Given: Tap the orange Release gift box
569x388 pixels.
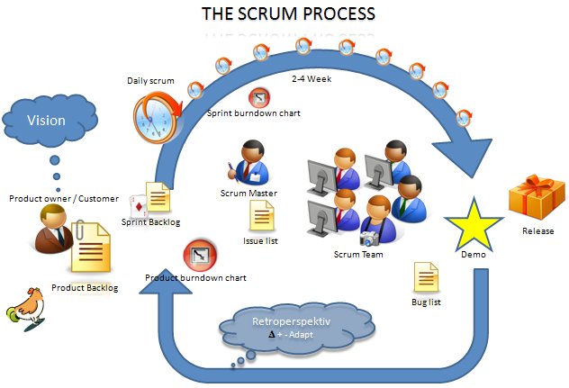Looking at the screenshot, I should pyautogui.click(x=537, y=194).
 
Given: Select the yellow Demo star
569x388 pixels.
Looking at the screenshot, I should pyautogui.click(x=472, y=221).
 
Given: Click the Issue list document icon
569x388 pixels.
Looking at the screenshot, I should pyautogui.click(x=262, y=216).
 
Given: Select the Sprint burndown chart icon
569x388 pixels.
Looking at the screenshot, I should pyautogui.click(x=259, y=97).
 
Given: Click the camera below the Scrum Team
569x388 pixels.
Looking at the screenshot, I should pyautogui.click(x=369, y=239).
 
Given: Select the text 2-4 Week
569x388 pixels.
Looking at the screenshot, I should pyautogui.click(x=311, y=79).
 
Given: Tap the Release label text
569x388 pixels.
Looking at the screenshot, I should pyautogui.click(x=537, y=230).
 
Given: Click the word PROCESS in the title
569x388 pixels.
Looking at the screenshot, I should pyautogui.click(x=339, y=14).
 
